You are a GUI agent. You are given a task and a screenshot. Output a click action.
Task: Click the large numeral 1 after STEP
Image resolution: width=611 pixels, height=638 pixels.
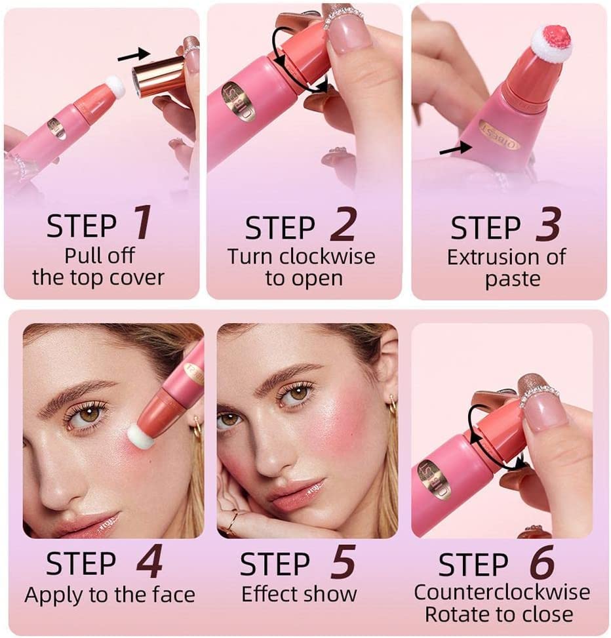click(142, 223)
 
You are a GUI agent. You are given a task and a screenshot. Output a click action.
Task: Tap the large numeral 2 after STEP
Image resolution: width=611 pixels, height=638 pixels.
click(342, 225)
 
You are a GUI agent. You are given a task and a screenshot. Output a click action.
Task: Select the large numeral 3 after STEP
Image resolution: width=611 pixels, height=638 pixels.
click(548, 224)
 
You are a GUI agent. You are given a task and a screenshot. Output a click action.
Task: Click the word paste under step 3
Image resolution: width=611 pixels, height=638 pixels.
click(513, 280)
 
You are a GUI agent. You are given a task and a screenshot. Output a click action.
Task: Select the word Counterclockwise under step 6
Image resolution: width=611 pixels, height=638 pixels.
click(502, 592)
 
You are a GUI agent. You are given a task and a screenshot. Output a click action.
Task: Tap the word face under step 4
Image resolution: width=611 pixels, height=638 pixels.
click(174, 595)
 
